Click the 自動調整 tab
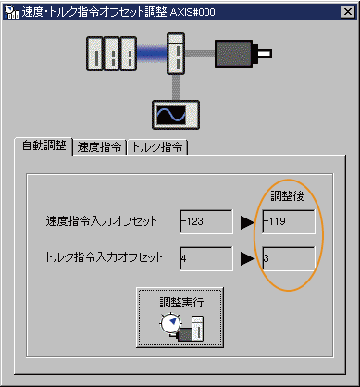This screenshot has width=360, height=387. pyautogui.click(x=43, y=146)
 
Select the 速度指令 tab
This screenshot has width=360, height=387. pyautogui.click(x=101, y=147)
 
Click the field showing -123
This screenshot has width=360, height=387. pyautogui.click(x=206, y=221)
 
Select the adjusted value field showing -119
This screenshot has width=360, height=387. pyautogui.click(x=288, y=221)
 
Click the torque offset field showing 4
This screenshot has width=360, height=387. pyautogui.click(x=206, y=257)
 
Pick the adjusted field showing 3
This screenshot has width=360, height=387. pyautogui.click(x=288, y=257)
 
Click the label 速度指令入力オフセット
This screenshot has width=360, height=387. pyautogui.click(x=100, y=222)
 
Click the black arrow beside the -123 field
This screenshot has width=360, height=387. pyautogui.click(x=247, y=222)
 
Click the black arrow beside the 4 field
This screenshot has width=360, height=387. pyautogui.click(x=247, y=258)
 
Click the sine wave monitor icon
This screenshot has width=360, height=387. pyautogui.click(x=171, y=114)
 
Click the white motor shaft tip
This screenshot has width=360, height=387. pyautogui.click(x=268, y=55)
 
